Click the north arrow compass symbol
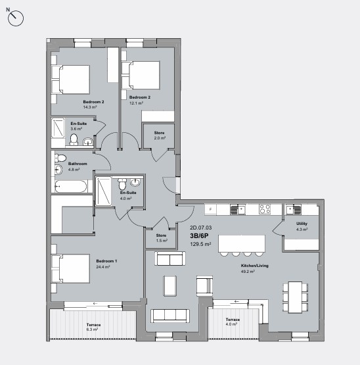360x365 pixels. tap(16, 18)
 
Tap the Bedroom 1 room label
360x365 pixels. tap(106, 261)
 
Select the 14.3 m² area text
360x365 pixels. tap(89, 107)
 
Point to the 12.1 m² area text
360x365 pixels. tap(135, 103)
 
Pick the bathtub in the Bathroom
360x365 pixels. tap(70, 186)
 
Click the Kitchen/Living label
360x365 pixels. tap(255, 266)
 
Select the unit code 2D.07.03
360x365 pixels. tap(201, 228)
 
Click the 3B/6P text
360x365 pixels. tap(200, 235)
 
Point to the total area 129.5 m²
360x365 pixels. tap(200, 244)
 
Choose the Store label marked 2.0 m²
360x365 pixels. tap(159, 134)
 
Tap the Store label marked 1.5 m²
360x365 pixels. tap(162, 235)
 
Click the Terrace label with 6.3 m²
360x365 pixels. tap(94, 325)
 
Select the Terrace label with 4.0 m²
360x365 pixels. tap(233, 320)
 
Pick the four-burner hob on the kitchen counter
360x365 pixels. tap(265, 209)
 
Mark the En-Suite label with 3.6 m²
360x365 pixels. tap(79, 123)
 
